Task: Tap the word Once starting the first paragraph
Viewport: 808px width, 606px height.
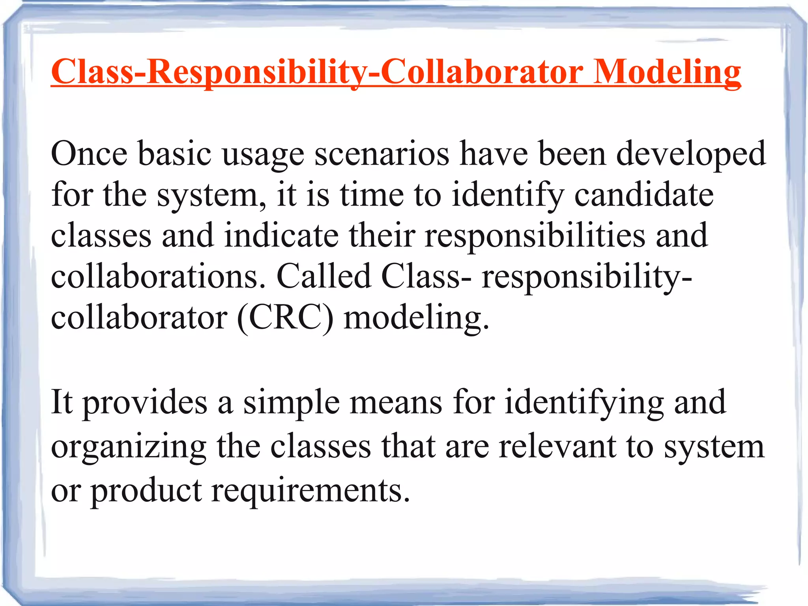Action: pos(89,154)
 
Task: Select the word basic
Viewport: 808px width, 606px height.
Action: pos(175,154)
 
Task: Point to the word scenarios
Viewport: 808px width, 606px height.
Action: pos(382,154)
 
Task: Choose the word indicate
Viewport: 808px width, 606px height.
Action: pos(282,235)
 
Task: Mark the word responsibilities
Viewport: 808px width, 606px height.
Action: pos(535,236)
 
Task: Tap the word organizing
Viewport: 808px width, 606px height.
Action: pos(129,448)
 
